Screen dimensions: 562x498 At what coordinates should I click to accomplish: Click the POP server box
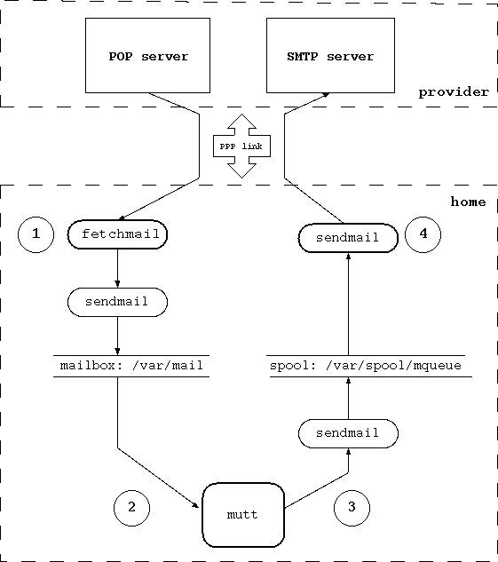148,56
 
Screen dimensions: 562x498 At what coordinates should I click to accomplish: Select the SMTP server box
330,56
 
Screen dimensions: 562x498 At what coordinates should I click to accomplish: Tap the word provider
454,91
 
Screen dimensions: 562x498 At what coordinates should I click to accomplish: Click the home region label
468,202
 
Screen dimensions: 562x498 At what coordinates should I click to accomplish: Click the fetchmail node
118,235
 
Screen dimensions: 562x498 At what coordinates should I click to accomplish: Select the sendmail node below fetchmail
118,302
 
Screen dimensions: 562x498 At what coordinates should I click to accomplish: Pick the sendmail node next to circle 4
347,237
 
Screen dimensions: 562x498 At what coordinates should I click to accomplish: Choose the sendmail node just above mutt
347,432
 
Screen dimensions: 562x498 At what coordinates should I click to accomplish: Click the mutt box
241,514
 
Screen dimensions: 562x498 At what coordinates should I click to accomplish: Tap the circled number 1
36,235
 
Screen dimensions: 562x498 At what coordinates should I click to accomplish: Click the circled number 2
131,507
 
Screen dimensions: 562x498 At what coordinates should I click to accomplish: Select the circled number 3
352,507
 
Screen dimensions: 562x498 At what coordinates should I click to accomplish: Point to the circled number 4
423,235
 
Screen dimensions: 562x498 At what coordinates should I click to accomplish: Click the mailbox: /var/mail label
131,365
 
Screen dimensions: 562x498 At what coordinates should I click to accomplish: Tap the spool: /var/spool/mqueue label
364,365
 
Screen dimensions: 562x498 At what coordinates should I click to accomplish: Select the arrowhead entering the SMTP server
325,93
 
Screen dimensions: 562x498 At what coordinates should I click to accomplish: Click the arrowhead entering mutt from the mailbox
196,504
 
